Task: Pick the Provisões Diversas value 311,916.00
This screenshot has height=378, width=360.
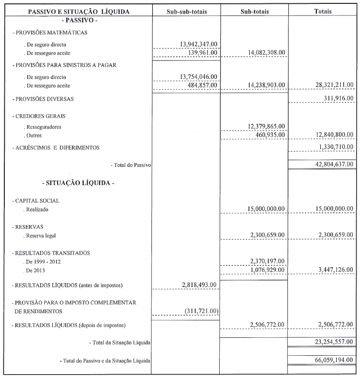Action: tap(337, 99)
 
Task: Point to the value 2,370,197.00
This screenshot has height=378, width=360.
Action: tap(267, 261)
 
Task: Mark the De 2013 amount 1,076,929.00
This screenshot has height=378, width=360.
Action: tap(267, 270)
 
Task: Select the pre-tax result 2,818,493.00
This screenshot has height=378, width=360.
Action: tap(200, 285)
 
